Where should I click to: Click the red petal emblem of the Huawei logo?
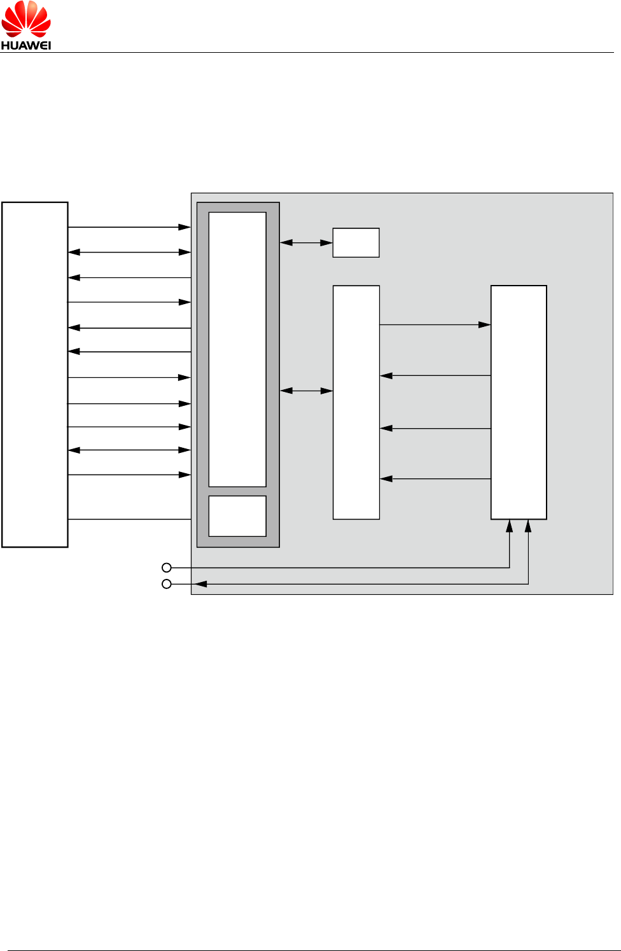point(26,19)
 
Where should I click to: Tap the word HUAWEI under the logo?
point(26,45)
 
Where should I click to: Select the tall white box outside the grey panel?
point(35,374)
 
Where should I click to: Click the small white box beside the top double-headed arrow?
point(356,242)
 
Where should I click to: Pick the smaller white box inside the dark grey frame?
point(237,516)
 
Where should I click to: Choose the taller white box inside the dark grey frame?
point(237,349)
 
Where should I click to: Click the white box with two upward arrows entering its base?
point(519,402)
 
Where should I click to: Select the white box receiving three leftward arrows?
point(356,402)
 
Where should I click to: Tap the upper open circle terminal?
point(167,567)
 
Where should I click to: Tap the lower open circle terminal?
point(167,584)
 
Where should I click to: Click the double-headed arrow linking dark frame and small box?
point(306,242)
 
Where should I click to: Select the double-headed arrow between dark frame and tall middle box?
point(306,391)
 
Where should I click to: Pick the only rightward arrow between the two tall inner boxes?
point(435,325)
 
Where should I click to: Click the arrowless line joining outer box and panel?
point(130,520)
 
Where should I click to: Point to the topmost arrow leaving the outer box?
point(130,227)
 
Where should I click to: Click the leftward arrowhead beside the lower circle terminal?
point(201,584)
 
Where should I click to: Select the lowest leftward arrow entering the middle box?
point(435,478)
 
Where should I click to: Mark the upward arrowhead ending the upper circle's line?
point(509,526)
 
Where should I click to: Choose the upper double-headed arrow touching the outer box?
point(130,253)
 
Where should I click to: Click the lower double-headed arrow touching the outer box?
point(130,450)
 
